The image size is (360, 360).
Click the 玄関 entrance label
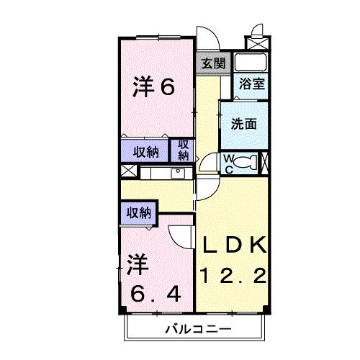[212, 63]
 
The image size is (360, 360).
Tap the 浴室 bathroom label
[252, 83]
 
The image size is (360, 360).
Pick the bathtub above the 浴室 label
[252, 62]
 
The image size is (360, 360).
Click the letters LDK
[235, 244]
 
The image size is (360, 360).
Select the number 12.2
[235, 274]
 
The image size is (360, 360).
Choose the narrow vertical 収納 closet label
[184, 150]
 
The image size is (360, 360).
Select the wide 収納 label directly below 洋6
[145, 151]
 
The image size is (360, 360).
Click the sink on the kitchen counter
[177, 173]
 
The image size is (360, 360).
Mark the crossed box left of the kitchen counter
[128, 172]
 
